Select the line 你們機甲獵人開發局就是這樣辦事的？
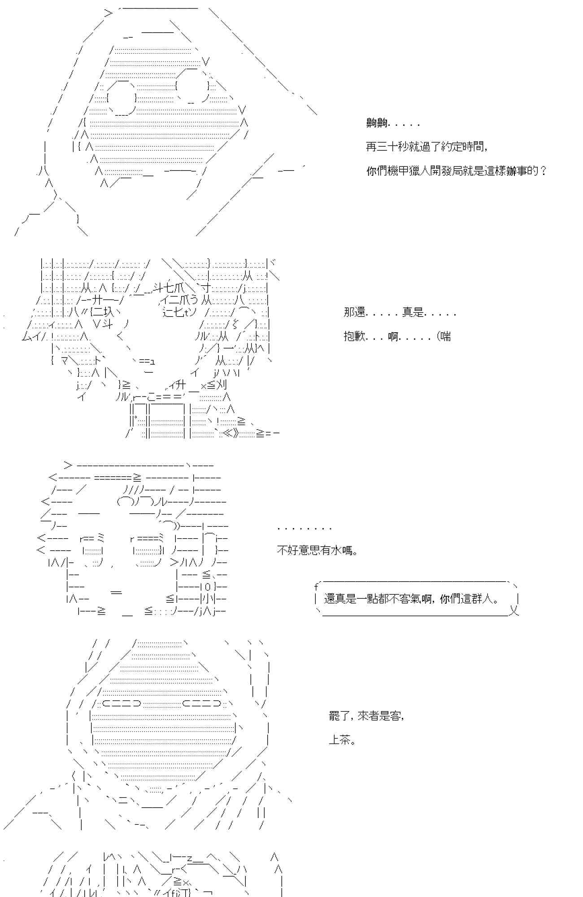[x=456, y=171]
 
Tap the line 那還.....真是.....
[x=399, y=312]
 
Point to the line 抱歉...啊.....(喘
[x=397, y=336]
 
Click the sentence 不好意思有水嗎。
[x=318, y=550]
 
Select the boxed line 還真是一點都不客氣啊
[x=411, y=599]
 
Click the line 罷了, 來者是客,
[x=366, y=716]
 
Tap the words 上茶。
[x=342, y=740]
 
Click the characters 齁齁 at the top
[x=377, y=123]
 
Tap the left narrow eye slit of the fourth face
[x=122, y=704]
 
